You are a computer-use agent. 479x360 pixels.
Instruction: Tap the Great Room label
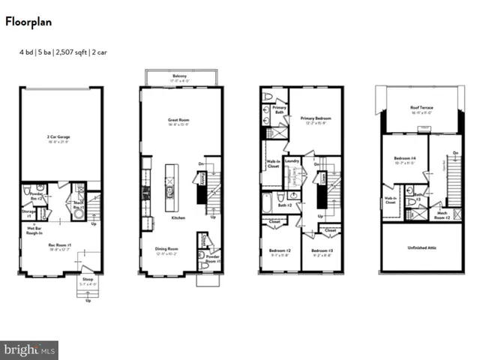178,120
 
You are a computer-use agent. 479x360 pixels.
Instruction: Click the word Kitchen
178,217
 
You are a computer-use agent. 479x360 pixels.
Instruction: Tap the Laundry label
292,160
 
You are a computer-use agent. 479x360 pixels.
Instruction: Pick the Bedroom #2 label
280,250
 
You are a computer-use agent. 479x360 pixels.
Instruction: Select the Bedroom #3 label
322,250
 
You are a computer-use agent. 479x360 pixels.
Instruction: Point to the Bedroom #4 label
405,159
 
